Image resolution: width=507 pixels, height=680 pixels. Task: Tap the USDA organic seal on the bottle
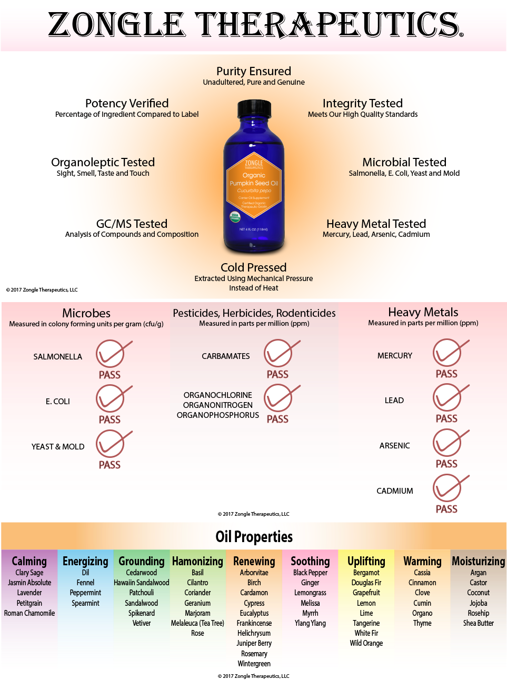pos(235,216)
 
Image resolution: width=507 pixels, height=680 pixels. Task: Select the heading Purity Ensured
pos(254,71)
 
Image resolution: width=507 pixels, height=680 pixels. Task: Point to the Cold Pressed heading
pos(254,267)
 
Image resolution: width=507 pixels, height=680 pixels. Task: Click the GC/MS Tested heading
pos(132,224)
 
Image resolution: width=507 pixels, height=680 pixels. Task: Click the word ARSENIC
pos(394,445)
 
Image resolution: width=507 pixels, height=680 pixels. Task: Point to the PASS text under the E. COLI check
pos(110,419)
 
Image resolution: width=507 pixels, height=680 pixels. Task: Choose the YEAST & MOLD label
pos(58,446)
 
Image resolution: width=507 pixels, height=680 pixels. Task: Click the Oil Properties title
pos(254,536)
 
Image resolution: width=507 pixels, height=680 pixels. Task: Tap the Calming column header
pos(29,561)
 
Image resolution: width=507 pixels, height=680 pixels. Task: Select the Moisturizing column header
pos(478,561)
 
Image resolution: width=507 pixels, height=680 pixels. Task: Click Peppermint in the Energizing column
pos(85,593)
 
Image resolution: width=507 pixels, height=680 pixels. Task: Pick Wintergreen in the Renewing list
pos(254,664)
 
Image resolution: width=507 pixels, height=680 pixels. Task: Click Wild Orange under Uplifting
pos(366,643)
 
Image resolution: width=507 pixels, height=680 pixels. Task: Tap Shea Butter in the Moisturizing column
pos(478,623)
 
